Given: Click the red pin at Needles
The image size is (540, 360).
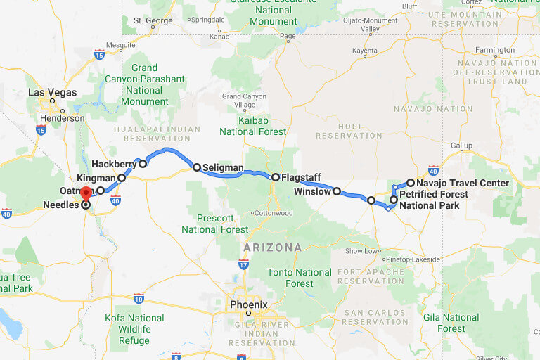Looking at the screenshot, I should [x=86, y=193].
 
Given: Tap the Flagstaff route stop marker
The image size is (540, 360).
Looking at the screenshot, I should [x=276, y=177].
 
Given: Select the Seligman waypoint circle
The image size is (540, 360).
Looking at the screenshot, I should [x=197, y=167].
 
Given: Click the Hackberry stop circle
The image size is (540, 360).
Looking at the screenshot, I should [x=143, y=164].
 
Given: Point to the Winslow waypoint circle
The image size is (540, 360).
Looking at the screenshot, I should [x=337, y=191].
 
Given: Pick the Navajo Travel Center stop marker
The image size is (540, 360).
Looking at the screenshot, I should [x=411, y=183].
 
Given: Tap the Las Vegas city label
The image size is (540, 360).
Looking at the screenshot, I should [x=52, y=92].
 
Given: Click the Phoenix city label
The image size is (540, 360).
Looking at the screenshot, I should [x=249, y=304].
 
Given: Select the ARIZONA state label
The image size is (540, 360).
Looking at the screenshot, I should [x=273, y=247].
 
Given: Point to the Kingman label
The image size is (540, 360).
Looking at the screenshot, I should [x=96, y=178].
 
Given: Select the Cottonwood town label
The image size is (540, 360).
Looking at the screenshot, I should [x=273, y=212].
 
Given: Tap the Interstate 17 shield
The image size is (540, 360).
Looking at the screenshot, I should [x=243, y=264].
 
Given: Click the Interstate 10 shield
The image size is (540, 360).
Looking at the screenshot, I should [x=139, y=298].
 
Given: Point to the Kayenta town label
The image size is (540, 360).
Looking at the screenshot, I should [x=365, y=51].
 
